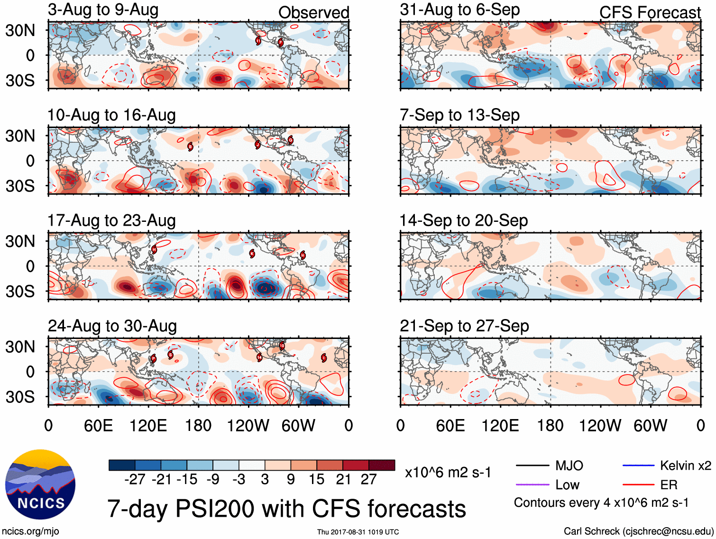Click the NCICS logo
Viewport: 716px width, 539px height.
[x=40, y=484]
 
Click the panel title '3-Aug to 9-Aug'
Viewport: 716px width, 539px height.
[x=103, y=10]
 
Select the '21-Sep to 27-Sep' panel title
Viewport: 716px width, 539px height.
[x=464, y=326]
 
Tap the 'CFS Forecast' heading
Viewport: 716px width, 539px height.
[x=650, y=13]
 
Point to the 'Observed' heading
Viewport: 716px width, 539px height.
[x=313, y=13]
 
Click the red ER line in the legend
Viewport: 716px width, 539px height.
[x=638, y=484]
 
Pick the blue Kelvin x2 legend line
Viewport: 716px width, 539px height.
[x=638, y=466]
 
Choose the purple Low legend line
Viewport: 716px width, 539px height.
[x=532, y=484]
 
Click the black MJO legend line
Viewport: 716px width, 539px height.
[x=532, y=466]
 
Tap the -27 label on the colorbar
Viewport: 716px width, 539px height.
[x=135, y=480]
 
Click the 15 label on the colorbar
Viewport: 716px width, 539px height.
[x=316, y=480]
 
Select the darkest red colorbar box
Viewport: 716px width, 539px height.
[x=382, y=465]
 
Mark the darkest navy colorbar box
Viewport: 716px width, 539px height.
[x=122, y=465]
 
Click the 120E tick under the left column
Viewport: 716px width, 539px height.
[x=148, y=426]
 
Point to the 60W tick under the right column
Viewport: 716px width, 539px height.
[x=650, y=426]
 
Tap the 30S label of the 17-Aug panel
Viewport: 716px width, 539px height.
[x=20, y=291]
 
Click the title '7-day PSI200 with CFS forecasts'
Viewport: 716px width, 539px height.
[x=286, y=509]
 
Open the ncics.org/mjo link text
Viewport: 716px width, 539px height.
[x=31, y=531]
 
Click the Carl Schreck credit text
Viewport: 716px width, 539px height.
[x=638, y=531]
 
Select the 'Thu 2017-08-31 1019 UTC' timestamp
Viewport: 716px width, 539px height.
[x=358, y=532]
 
